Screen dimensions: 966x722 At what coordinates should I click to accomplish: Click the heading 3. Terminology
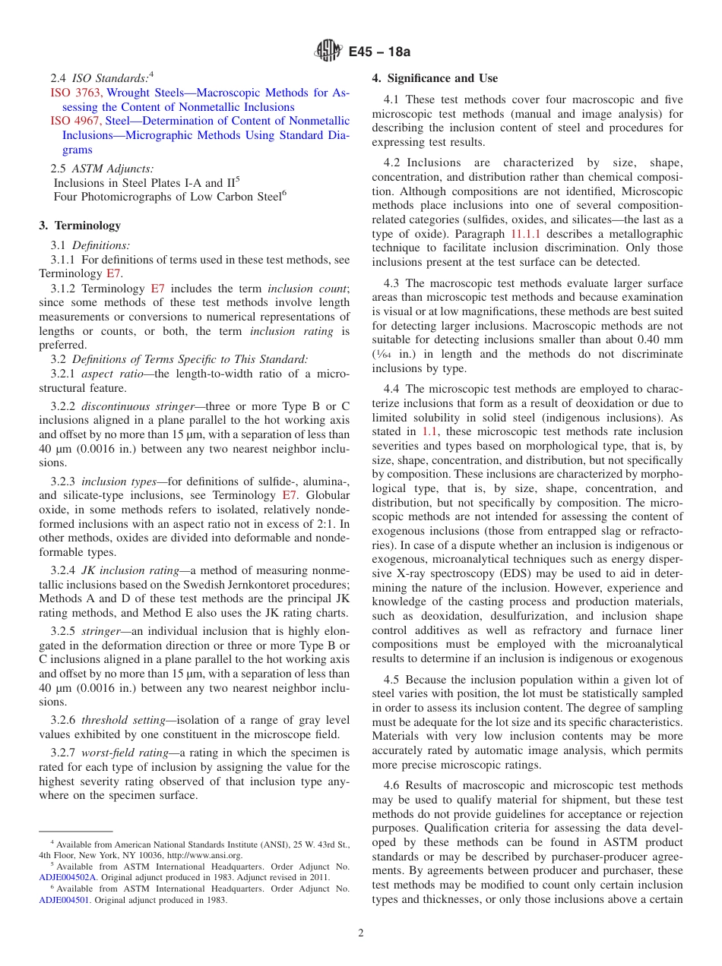point(80,225)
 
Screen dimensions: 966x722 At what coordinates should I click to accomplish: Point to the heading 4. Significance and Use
point(435,78)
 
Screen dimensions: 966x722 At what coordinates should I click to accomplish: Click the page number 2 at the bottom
point(361,933)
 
